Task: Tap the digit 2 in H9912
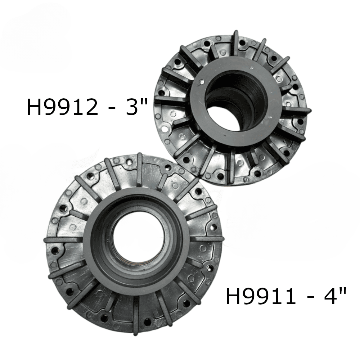coord(90,107)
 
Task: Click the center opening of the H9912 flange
coord(237,104)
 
